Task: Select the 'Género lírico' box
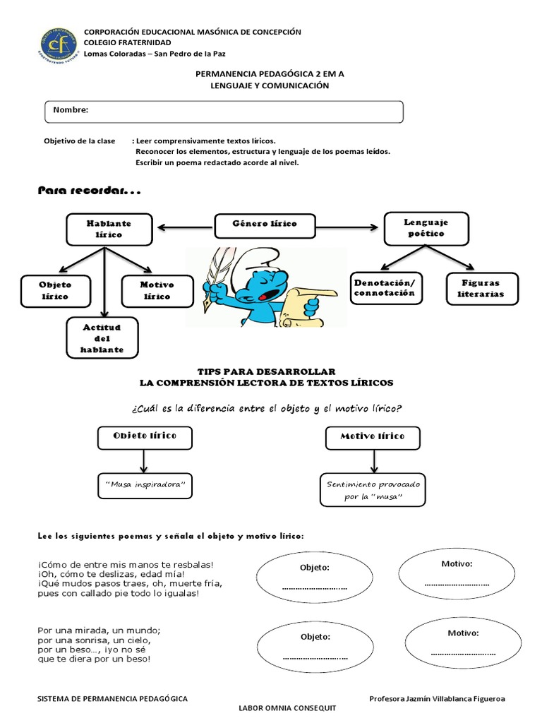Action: pyautogui.click(x=265, y=225)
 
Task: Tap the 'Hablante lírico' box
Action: pyautogui.click(x=109, y=228)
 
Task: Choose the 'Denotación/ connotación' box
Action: pyautogui.click(x=385, y=287)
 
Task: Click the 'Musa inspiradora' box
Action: pyautogui.click(x=144, y=486)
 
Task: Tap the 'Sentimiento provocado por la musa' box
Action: pyautogui.click(x=373, y=490)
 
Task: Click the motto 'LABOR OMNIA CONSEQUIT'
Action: pyautogui.click(x=288, y=707)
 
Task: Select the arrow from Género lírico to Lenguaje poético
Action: pyautogui.click(x=347, y=227)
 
